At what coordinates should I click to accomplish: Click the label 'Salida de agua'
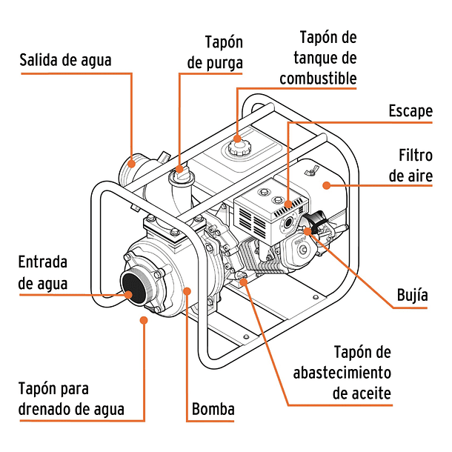(65, 60)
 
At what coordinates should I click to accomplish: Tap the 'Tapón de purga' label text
(215, 53)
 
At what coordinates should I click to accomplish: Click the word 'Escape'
(410, 111)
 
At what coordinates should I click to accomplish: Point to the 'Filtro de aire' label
(415, 167)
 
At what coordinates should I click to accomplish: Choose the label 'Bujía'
(412, 295)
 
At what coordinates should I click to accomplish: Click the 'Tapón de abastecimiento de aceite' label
(342, 372)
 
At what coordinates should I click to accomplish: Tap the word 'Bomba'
(213, 409)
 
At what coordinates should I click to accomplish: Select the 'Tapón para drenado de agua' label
(71, 399)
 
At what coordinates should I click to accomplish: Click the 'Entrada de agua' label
(43, 273)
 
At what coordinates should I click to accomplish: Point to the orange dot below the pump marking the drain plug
(143, 320)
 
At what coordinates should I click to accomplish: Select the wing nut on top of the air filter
(313, 172)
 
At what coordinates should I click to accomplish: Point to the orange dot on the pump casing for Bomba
(186, 291)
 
